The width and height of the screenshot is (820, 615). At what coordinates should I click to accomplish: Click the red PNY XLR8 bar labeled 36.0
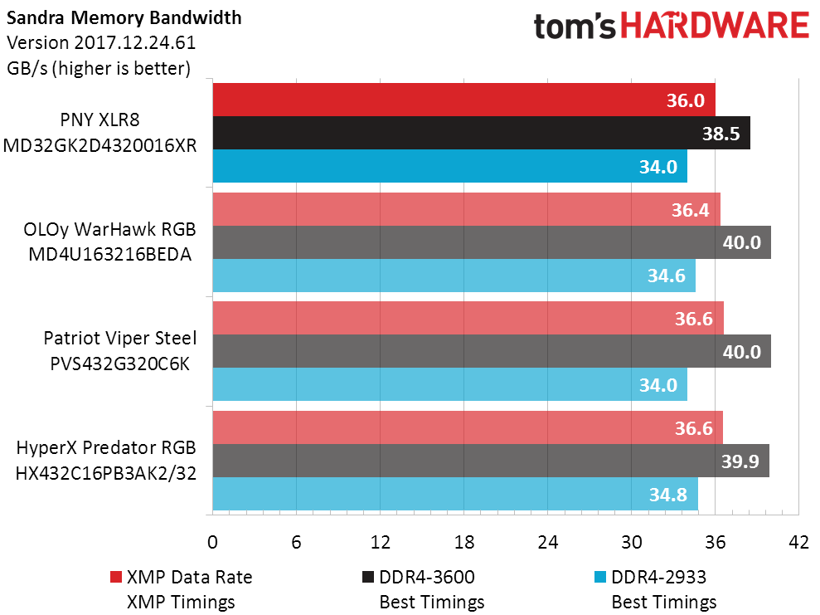[x=463, y=100]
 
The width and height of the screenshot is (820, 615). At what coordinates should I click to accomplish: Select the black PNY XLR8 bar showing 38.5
[x=482, y=133]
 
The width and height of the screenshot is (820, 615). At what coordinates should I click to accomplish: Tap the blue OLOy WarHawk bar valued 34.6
[x=454, y=276]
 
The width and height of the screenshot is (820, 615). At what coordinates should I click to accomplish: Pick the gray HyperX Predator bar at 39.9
[x=491, y=461]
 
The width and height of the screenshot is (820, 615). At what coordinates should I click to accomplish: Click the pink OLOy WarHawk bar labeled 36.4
[x=467, y=209]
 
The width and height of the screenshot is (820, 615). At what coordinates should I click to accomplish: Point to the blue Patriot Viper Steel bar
[x=449, y=384]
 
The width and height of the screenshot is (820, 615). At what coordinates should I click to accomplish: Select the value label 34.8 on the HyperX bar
[x=667, y=494]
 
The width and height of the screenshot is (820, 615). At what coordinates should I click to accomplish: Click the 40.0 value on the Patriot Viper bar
[x=741, y=351]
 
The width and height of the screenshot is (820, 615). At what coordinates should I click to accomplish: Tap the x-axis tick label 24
[x=547, y=542]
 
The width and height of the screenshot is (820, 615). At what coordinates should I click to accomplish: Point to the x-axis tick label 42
[x=798, y=542]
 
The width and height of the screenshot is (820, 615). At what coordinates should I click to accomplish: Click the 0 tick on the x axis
[x=212, y=542]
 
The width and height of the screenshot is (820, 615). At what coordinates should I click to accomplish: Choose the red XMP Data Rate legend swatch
[x=115, y=577]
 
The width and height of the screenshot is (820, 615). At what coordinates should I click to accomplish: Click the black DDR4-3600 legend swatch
[x=367, y=577]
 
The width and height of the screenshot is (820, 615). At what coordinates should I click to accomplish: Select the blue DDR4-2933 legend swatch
[x=599, y=577]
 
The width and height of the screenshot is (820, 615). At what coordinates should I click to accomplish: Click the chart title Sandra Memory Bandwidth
[x=124, y=17]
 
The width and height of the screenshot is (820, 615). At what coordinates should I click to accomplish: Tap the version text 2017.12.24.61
[x=135, y=42]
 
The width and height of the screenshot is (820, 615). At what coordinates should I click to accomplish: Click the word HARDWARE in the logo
[x=715, y=26]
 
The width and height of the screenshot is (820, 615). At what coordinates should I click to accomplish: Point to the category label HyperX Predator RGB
[x=106, y=448]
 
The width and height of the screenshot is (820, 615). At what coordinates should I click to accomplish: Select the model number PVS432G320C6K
[x=119, y=364]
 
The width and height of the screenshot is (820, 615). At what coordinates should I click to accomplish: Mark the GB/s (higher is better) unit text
[x=99, y=69]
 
